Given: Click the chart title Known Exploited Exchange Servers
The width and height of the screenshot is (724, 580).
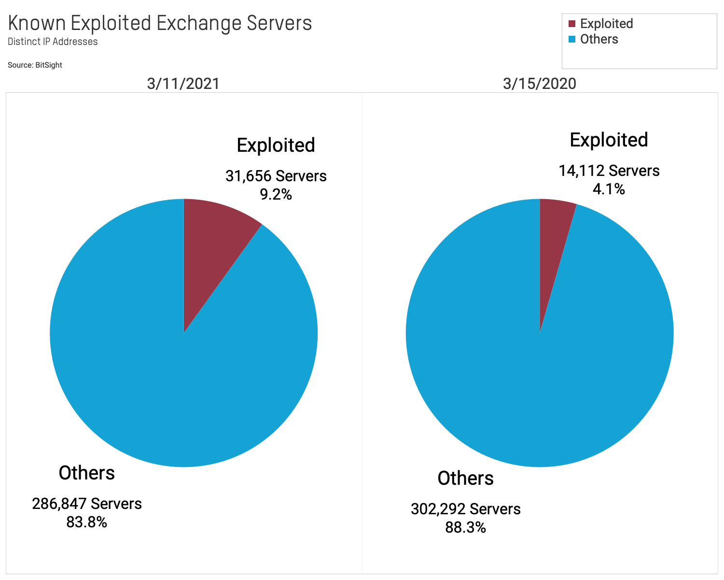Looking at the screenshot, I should pyautogui.click(x=160, y=23).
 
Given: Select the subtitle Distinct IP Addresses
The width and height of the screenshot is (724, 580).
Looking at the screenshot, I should pyautogui.click(x=53, y=42).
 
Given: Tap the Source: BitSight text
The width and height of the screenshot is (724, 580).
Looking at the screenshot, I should pyautogui.click(x=35, y=65).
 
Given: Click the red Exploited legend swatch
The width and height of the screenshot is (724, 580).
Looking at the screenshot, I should pyautogui.click(x=572, y=24).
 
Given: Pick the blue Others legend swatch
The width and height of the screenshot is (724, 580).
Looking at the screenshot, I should pyautogui.click(x=572, y=39).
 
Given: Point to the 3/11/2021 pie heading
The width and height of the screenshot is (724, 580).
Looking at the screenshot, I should pyautogui.click(x=183, y=84).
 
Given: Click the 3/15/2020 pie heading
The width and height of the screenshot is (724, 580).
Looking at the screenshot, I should pyautogui.click(x=539, y=84).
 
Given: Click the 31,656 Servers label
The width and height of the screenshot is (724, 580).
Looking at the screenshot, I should pyautogui.click(x=276, y=176).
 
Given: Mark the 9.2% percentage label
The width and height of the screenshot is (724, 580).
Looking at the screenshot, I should pyautogui.click(x=276, y=194).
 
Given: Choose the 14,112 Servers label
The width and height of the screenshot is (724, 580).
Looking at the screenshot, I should pyautogui.click(x=609, y=171).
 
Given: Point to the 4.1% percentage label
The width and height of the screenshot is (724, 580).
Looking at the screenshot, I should pyautogui.click(x=609, y=189).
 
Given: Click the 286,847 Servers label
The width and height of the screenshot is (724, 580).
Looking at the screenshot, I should pyautogui.click(x=87, y=504).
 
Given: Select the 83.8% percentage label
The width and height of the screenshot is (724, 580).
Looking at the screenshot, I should pyautogui.click(x=87, y=522).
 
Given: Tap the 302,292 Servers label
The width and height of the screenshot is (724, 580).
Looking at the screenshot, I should pyautogui.click(x=465, y=509).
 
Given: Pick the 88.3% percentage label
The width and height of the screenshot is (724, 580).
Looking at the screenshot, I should pyautogui.click(x=465, y=527).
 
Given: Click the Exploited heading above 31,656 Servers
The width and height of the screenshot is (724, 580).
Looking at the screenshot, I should pyautogui.click(x=276, y=145).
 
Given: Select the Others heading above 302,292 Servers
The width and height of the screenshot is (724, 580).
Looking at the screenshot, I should pyautogui.click(x=465, y=478).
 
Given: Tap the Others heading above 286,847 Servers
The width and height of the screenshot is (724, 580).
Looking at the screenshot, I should pyautogui.click(x=87, y=473).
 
